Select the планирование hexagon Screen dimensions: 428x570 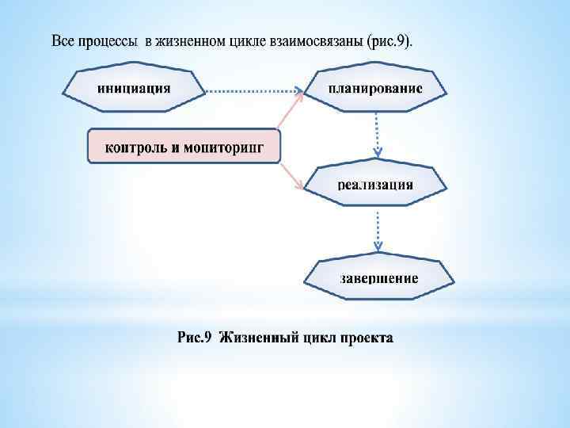[x=375, y=87]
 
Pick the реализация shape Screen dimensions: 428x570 [x=375, y=184]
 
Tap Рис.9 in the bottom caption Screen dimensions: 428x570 [x=194, y=338]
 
